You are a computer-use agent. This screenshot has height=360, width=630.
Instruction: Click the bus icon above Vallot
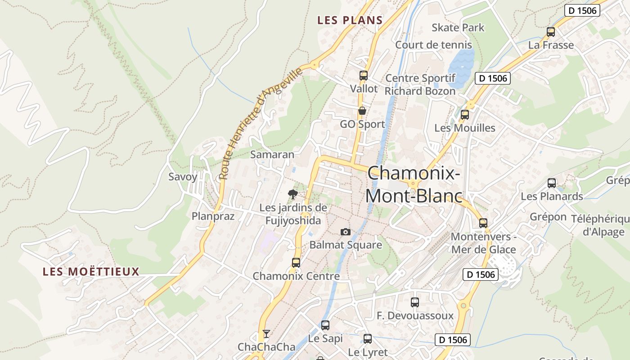coord(364,76)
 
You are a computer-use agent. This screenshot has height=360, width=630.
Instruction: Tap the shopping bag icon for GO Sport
coord(362,111)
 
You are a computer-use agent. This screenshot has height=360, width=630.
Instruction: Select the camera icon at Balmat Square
coord(346,232)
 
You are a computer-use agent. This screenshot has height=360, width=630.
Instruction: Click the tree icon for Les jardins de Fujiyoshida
coord(293,194)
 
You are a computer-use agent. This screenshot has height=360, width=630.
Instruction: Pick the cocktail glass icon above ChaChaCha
coord(266,333)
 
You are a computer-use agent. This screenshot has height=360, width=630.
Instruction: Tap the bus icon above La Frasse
coord(551,32)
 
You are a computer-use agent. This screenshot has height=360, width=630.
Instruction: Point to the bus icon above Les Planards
coord(552,183)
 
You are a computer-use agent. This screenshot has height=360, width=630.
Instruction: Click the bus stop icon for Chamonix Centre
coord(296,263)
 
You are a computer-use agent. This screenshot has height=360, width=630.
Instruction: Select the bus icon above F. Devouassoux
coord(415,302)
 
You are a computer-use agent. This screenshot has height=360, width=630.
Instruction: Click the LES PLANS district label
coord(350,20)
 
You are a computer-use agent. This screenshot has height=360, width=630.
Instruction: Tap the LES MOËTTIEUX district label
coord(91,272)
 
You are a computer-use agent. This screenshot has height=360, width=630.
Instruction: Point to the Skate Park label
coord(458,27)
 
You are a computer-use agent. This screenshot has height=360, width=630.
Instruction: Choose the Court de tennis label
coord(433,45)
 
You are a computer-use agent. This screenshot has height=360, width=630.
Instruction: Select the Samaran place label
coord(272,154)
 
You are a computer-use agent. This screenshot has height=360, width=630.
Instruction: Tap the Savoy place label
coord(183,177)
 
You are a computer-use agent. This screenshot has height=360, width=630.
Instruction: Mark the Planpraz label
coord(213,216)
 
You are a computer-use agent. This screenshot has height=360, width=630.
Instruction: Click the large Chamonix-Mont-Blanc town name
coord(414,184)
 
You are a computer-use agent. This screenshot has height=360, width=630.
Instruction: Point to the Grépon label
coord(548,217)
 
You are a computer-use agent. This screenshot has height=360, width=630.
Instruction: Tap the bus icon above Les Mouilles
coord(465,115)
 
